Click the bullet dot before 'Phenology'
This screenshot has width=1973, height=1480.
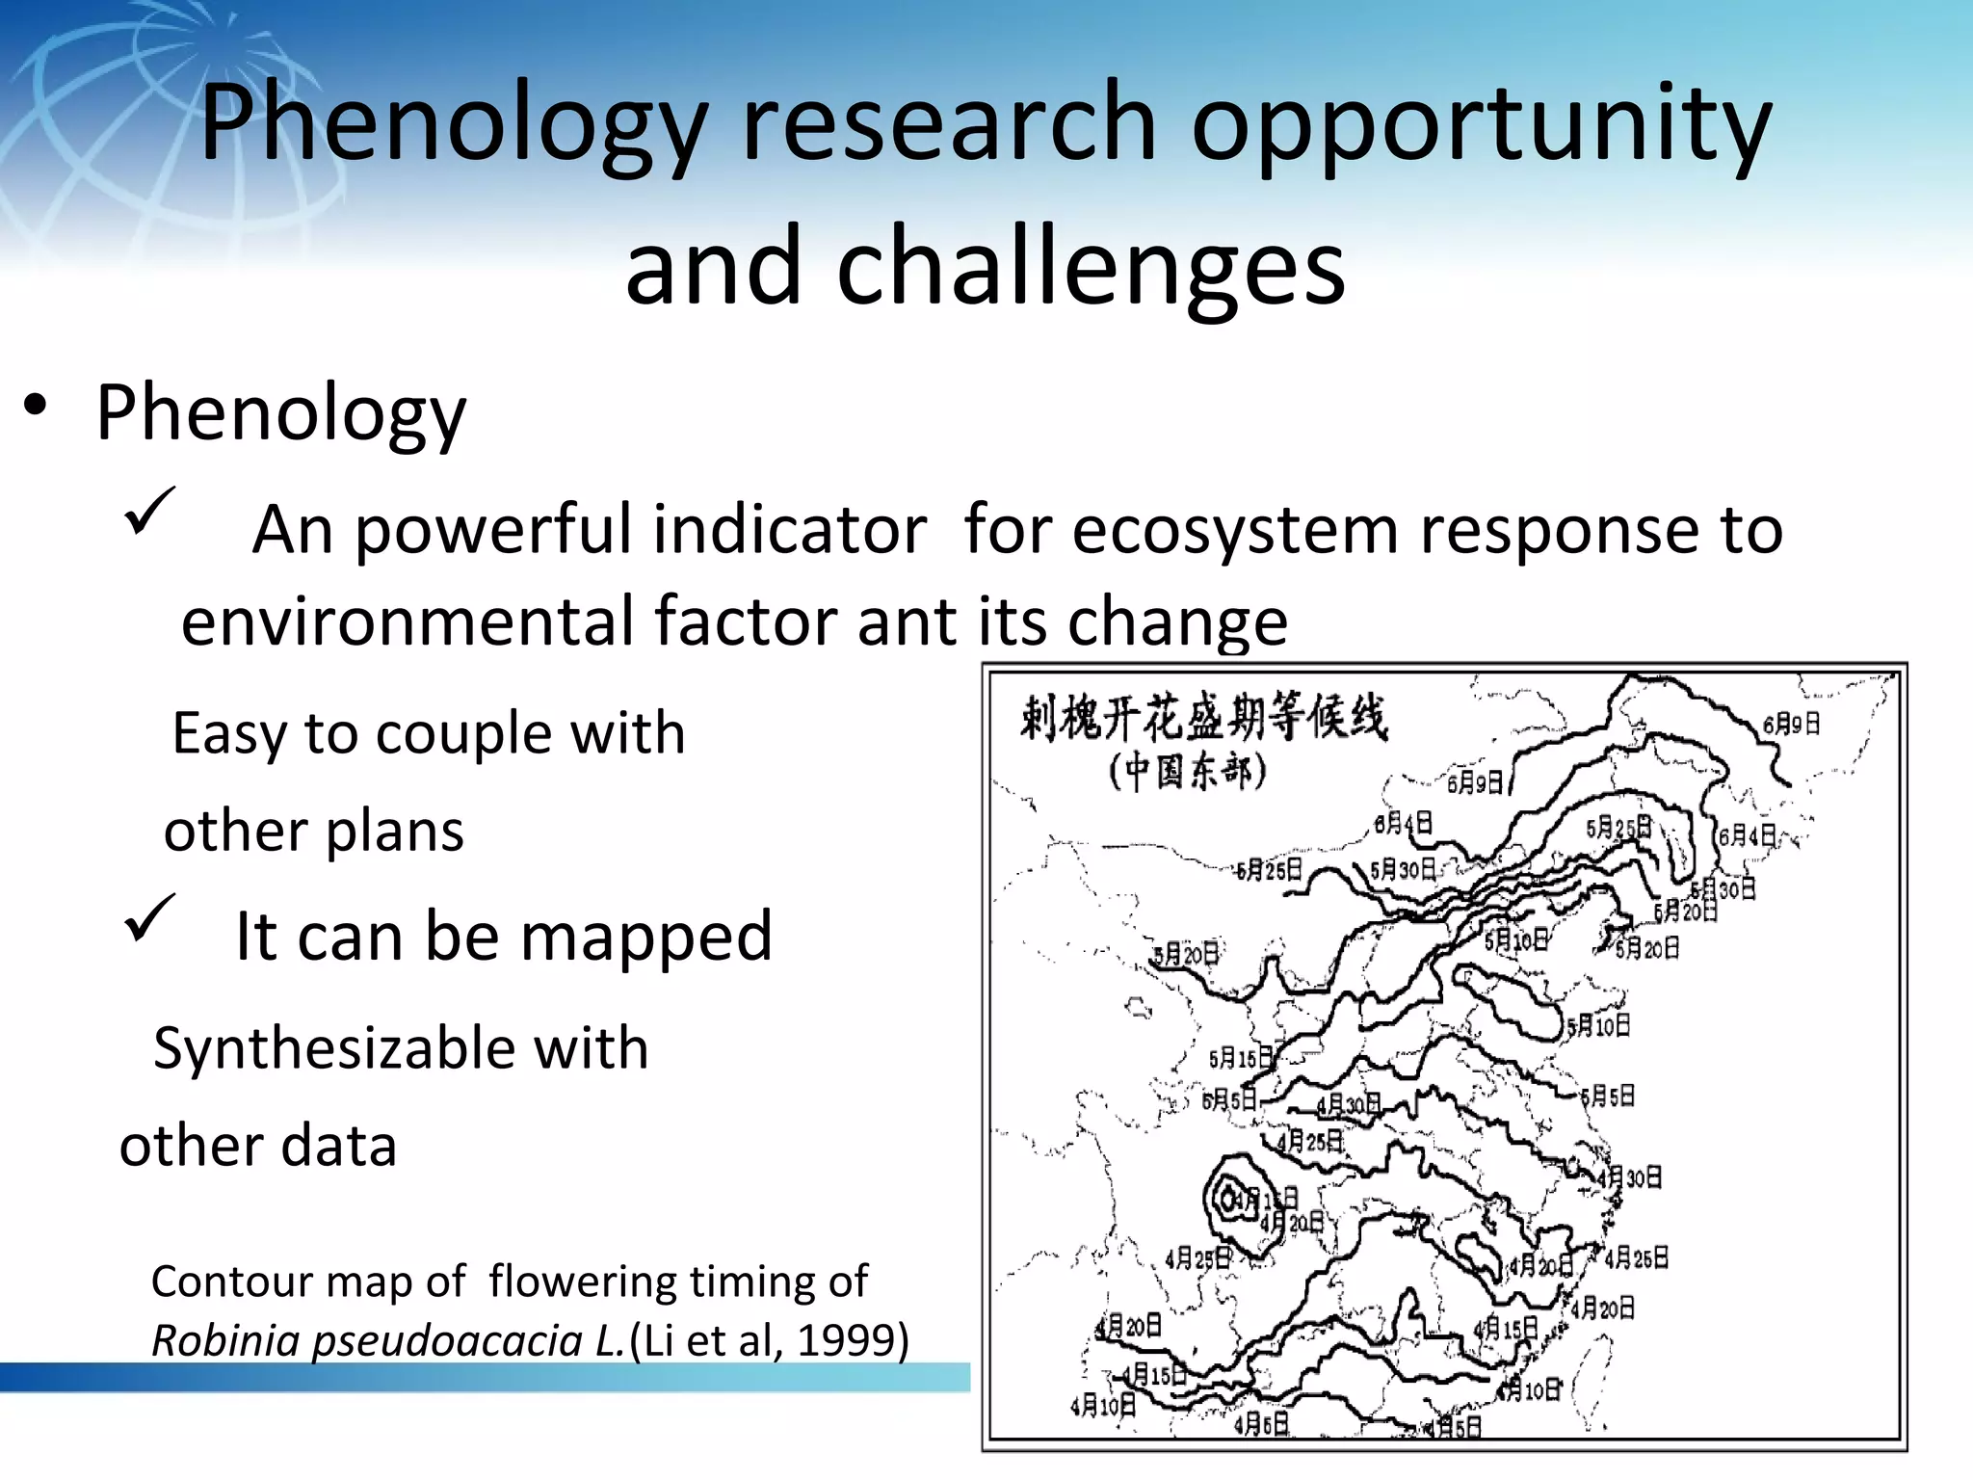click(x=36, y=406)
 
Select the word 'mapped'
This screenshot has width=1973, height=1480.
click(x=646, y=937)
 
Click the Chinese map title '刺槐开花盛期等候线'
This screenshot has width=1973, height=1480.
click(x=1203, y=718)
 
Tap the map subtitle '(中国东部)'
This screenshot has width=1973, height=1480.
click(x=1187, y=773)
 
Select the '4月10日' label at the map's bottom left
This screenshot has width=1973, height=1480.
click(x=1103, y=1406)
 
